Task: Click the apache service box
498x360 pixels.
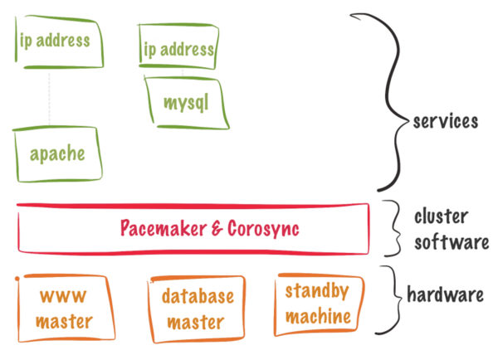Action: click(57, 153)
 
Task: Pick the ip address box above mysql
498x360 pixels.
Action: click(179, 49)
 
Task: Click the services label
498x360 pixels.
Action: click(446, 121)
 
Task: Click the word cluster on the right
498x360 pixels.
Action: click(441, 217)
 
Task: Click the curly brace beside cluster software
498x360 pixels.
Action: click(393, 229)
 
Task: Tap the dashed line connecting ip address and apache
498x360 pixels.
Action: click(49, 99)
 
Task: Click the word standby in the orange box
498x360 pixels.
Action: click(317, 291)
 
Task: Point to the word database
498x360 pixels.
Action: click(198, 296)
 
